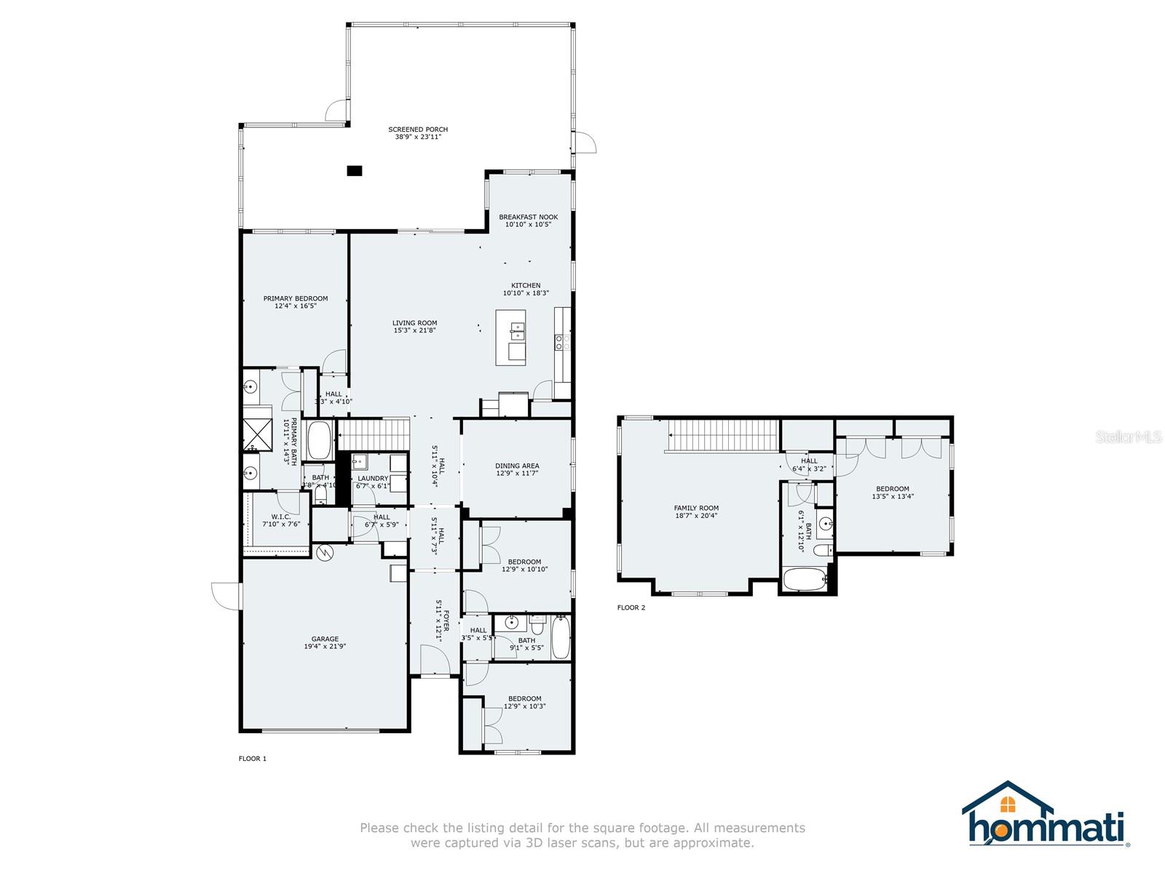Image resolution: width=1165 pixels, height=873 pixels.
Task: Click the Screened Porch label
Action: click(418, 129)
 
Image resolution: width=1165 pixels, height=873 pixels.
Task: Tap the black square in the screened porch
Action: click(354, 171)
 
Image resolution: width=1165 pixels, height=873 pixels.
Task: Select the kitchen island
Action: click(510, 337)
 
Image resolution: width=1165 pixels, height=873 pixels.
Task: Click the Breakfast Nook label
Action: click(528, 217)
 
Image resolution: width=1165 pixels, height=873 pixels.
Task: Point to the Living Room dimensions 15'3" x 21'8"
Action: click(415, 331)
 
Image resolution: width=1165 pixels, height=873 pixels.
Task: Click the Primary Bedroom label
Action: click(295, 298)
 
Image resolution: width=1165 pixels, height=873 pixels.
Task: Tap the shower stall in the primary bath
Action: click(256, 433)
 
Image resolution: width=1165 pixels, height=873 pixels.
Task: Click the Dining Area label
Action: click(517, 466)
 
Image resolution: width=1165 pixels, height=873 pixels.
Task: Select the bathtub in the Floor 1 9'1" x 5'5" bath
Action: click(560, 638)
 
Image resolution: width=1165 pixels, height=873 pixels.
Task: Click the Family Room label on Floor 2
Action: click(696, 509)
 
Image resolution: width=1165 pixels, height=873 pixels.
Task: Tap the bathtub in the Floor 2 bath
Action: click(805, 581)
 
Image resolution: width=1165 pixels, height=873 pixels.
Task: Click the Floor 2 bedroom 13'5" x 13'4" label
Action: click(892, 489)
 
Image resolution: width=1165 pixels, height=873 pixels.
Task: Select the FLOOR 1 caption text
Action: click(253, 759)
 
